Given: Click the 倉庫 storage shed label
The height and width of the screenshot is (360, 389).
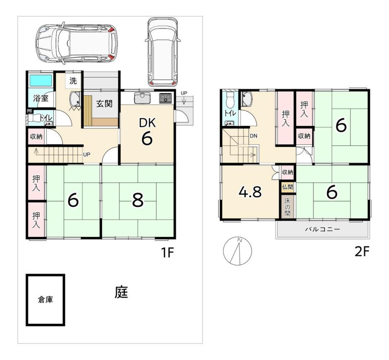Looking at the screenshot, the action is click(46, 300).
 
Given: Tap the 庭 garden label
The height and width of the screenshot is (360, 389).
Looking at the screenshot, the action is click(121, 292).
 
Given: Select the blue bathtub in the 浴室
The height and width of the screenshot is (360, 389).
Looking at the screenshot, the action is click(41, 81).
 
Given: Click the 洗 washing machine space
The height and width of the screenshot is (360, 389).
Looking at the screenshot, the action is click(73, 81).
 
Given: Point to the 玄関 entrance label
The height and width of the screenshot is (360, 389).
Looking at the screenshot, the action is click(104, 103).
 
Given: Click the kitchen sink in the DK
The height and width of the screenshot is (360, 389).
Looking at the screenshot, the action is click(142, 98).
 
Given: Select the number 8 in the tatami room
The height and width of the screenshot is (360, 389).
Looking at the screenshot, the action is click(138, 200).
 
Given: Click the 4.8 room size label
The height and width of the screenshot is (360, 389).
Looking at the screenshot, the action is click(250, 192).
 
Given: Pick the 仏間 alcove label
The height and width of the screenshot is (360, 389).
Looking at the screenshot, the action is click(288, 187).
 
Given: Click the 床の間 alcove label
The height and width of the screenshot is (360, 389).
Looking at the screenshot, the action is click(288, 207).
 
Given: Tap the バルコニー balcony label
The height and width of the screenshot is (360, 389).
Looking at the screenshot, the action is click(322, 229).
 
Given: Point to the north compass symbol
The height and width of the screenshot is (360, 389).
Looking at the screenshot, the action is click(237, 251).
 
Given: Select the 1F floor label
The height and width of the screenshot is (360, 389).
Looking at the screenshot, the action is click(167, 253).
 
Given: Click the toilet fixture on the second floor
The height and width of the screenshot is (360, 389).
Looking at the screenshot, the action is click(231, 98).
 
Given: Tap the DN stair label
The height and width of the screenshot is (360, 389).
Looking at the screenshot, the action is click(253, 136).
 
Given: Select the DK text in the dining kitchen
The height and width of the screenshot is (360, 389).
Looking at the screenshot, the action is click(147, 123).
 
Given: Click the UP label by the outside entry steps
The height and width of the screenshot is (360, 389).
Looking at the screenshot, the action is click(184, 93).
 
